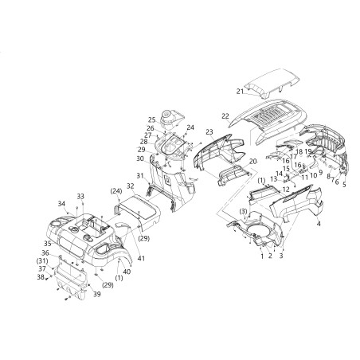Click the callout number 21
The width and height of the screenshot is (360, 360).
coord(240,92)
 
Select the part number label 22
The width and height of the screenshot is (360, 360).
coord(225,117)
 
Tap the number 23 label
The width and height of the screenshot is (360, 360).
coord(209,131)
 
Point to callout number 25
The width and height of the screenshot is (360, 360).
coord(151,120)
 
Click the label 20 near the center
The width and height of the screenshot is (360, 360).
coord(252,161)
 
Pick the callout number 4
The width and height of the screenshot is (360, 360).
coord(319,225)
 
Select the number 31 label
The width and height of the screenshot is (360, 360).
coord(139,175)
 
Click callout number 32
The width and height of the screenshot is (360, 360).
coord(129,186)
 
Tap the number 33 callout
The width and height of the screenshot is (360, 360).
coord(80,196)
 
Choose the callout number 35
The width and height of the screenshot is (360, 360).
coord(47,243)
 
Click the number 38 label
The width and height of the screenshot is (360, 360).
coord(41,277)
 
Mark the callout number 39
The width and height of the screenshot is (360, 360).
coord(119,295)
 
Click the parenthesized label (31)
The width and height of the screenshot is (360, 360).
coord(42,261)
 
